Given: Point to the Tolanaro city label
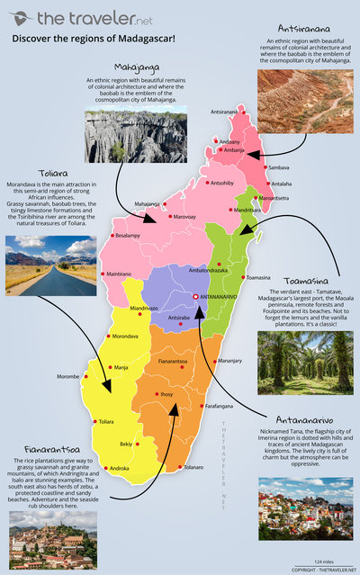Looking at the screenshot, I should coord(199,467).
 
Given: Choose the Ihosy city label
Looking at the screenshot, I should coord(167,394).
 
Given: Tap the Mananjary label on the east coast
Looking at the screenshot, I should coord(230,361).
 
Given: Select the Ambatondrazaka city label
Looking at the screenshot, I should coord(208,270).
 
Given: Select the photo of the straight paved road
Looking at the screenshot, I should coord(50,265).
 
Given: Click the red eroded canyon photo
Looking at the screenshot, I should coord(304,101).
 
